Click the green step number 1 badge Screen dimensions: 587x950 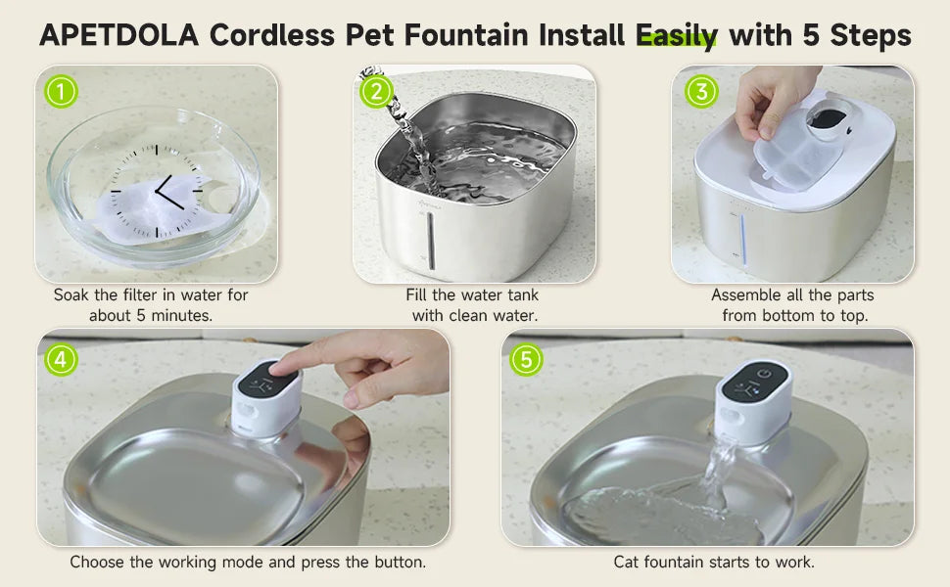pos(61,92)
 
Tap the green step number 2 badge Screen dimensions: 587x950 pos(376,92)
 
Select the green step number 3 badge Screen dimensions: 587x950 pos(701,92)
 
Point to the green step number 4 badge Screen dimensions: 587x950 pos(61,359)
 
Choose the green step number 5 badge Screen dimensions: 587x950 pos(526,359)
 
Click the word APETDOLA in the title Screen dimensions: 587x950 pos(119,36)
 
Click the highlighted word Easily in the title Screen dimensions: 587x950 pos(677,36)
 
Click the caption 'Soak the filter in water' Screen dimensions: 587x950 pos(151,294)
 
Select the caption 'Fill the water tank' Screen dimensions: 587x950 pos(473,294)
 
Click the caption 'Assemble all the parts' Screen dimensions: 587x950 pos(792,294)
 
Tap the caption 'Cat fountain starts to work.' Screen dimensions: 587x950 pos(714,562)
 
